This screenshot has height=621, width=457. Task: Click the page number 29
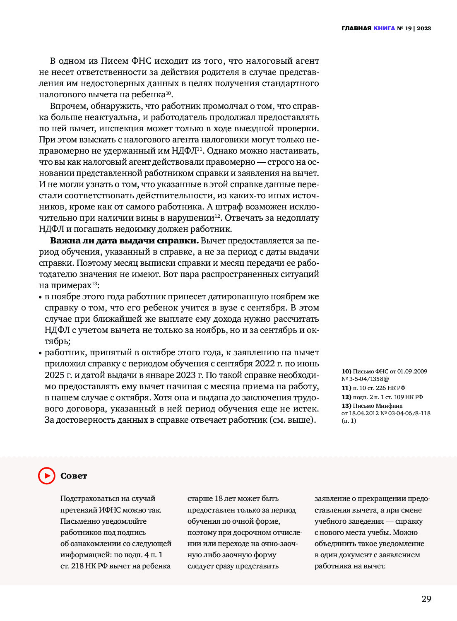[x=426, y=599]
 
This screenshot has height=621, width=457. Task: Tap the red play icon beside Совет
[x=47, y=476]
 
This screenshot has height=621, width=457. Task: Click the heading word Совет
[x=74, y=476]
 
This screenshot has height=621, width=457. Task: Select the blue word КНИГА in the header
[x=384, y=29]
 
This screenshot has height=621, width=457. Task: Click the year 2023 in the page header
[x=424, y=29]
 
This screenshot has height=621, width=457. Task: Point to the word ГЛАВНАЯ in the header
[x=356, y=29]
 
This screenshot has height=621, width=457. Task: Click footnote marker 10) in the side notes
[x=346, y=371]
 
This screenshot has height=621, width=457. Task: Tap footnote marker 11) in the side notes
[x=346, y=388]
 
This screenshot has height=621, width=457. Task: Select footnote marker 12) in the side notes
[x=346, y=397]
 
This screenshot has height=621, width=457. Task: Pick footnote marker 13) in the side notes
[x=346, y=406]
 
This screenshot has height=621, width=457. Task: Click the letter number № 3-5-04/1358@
[x=365, y=379]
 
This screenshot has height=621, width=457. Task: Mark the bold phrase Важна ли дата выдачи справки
[x=124, y=241]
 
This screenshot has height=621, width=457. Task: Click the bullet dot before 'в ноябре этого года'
[x=41, y=297]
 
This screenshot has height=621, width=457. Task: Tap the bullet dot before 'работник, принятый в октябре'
[x=41, y=353]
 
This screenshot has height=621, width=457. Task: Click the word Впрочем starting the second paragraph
[x=68, y=106]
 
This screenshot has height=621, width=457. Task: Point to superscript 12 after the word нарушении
[x=217, y=216]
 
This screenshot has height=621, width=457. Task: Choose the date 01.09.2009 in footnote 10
[x=412, y=371]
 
